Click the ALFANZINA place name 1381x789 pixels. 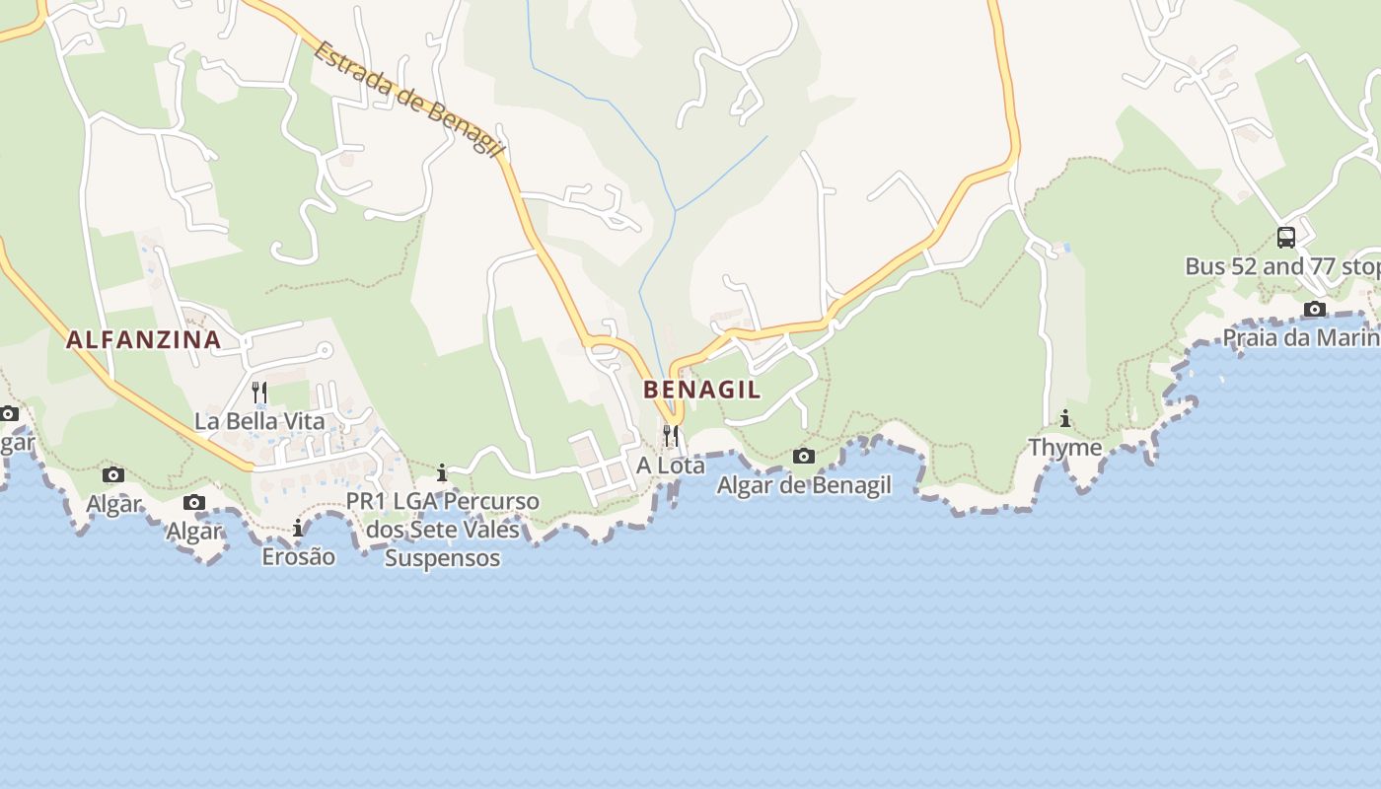click(143, 340)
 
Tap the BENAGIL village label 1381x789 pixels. click(701, 390)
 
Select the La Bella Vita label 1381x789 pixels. click(259, 421)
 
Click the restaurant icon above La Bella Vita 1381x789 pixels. click(259, 392)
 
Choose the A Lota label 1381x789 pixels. click(671, 465)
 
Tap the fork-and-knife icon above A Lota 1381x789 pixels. click(671, 434)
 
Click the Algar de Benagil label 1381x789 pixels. click(804, 485)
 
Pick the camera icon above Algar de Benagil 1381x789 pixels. click(804, 456)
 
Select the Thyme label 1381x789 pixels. click(1065, 448)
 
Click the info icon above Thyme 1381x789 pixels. click(1065, 418)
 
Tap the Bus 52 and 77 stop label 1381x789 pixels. click(1282, 266)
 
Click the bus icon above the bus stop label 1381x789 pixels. click(1286, 237)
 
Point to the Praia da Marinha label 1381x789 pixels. click(1301, 338)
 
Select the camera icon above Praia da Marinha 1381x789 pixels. click(1315, 310)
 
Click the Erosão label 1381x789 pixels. click(298, 557)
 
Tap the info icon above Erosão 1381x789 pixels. click(298, 529)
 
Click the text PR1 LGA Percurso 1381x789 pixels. click(442, 501)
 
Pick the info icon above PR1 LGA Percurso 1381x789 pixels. click(442, 472)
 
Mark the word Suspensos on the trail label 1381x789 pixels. click(442, 558)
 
